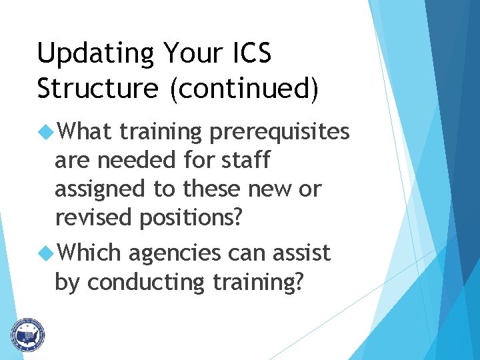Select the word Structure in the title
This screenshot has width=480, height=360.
pyautogui.click(x=98, y=89)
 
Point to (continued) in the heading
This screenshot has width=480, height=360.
pyautogui.click(x=244, y=89)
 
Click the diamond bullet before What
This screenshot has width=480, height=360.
pyautogui.click(x=46, y=132)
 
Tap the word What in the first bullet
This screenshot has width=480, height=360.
pyautogui.click(x=85, y=132)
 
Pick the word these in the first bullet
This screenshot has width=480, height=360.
pyautogui.click(x=213, y=189)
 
